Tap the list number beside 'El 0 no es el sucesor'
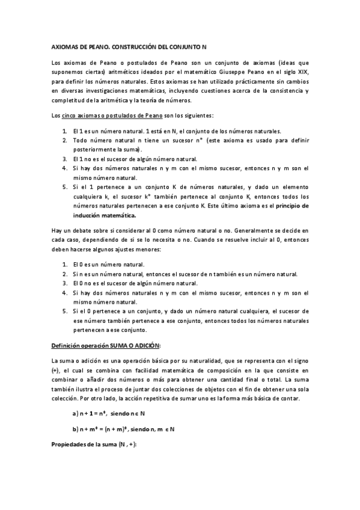pos(64,283)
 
